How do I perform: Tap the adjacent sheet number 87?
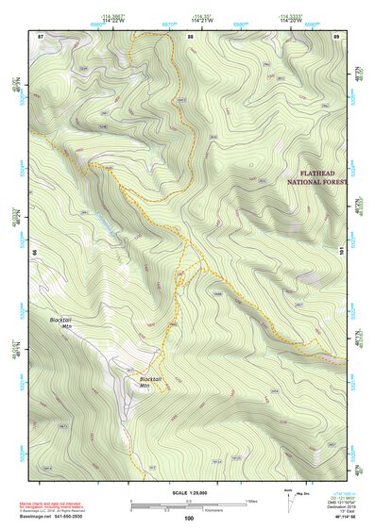pos(41,36)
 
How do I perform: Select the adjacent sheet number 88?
pos(190,36)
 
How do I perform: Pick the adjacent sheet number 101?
pos(343,251)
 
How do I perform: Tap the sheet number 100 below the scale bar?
pos(188,518)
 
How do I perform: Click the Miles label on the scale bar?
pos(251,500)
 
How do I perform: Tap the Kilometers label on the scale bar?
pos(216,510)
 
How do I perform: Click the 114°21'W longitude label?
pos(201,21)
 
